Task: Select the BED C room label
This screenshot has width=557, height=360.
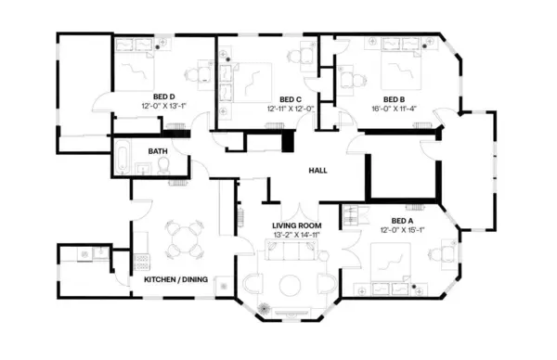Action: [291, 99]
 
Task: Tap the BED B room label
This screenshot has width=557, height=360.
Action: [395, 98]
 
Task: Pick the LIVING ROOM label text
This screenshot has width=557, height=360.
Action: [296, 226]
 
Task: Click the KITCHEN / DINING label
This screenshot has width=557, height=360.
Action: [175, 279]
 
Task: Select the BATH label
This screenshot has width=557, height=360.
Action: [159, 151]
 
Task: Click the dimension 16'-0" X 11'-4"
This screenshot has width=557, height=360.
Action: [395, 109]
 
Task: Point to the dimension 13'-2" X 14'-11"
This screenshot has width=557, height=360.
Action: [296, 237]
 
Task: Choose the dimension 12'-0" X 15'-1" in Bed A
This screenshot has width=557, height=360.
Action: [402, 230]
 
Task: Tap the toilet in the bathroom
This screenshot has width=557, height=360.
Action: [162, 165]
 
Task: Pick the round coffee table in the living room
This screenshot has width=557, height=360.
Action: [291, 283]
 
